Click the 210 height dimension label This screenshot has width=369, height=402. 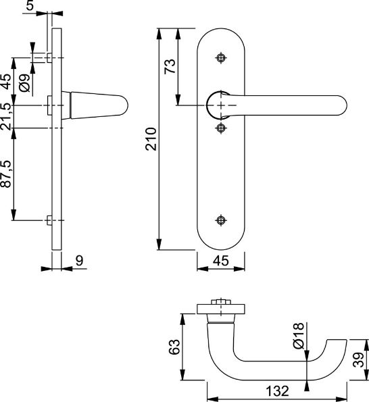click(151, 139)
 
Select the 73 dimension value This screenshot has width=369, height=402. click(170, 66)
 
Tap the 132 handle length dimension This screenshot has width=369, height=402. click(277, 391)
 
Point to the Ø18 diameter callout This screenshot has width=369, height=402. click(299, 336)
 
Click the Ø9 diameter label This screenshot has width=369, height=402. click(24, 83)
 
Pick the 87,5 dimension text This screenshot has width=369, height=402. click(6, 174)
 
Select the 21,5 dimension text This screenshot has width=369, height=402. click(6, 116)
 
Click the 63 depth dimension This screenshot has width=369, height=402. click(174, 347)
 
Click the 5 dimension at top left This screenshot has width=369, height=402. click(30, 5)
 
